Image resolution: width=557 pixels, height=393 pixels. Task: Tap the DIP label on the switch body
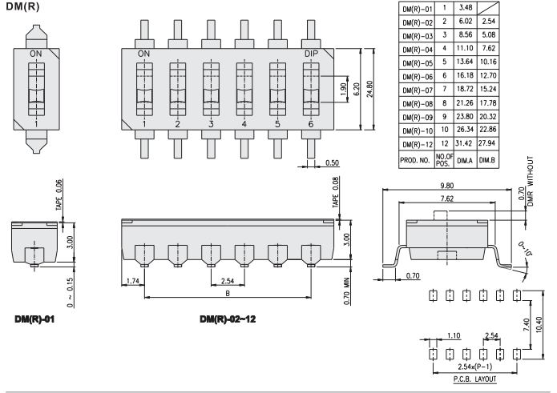click(312, 53)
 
